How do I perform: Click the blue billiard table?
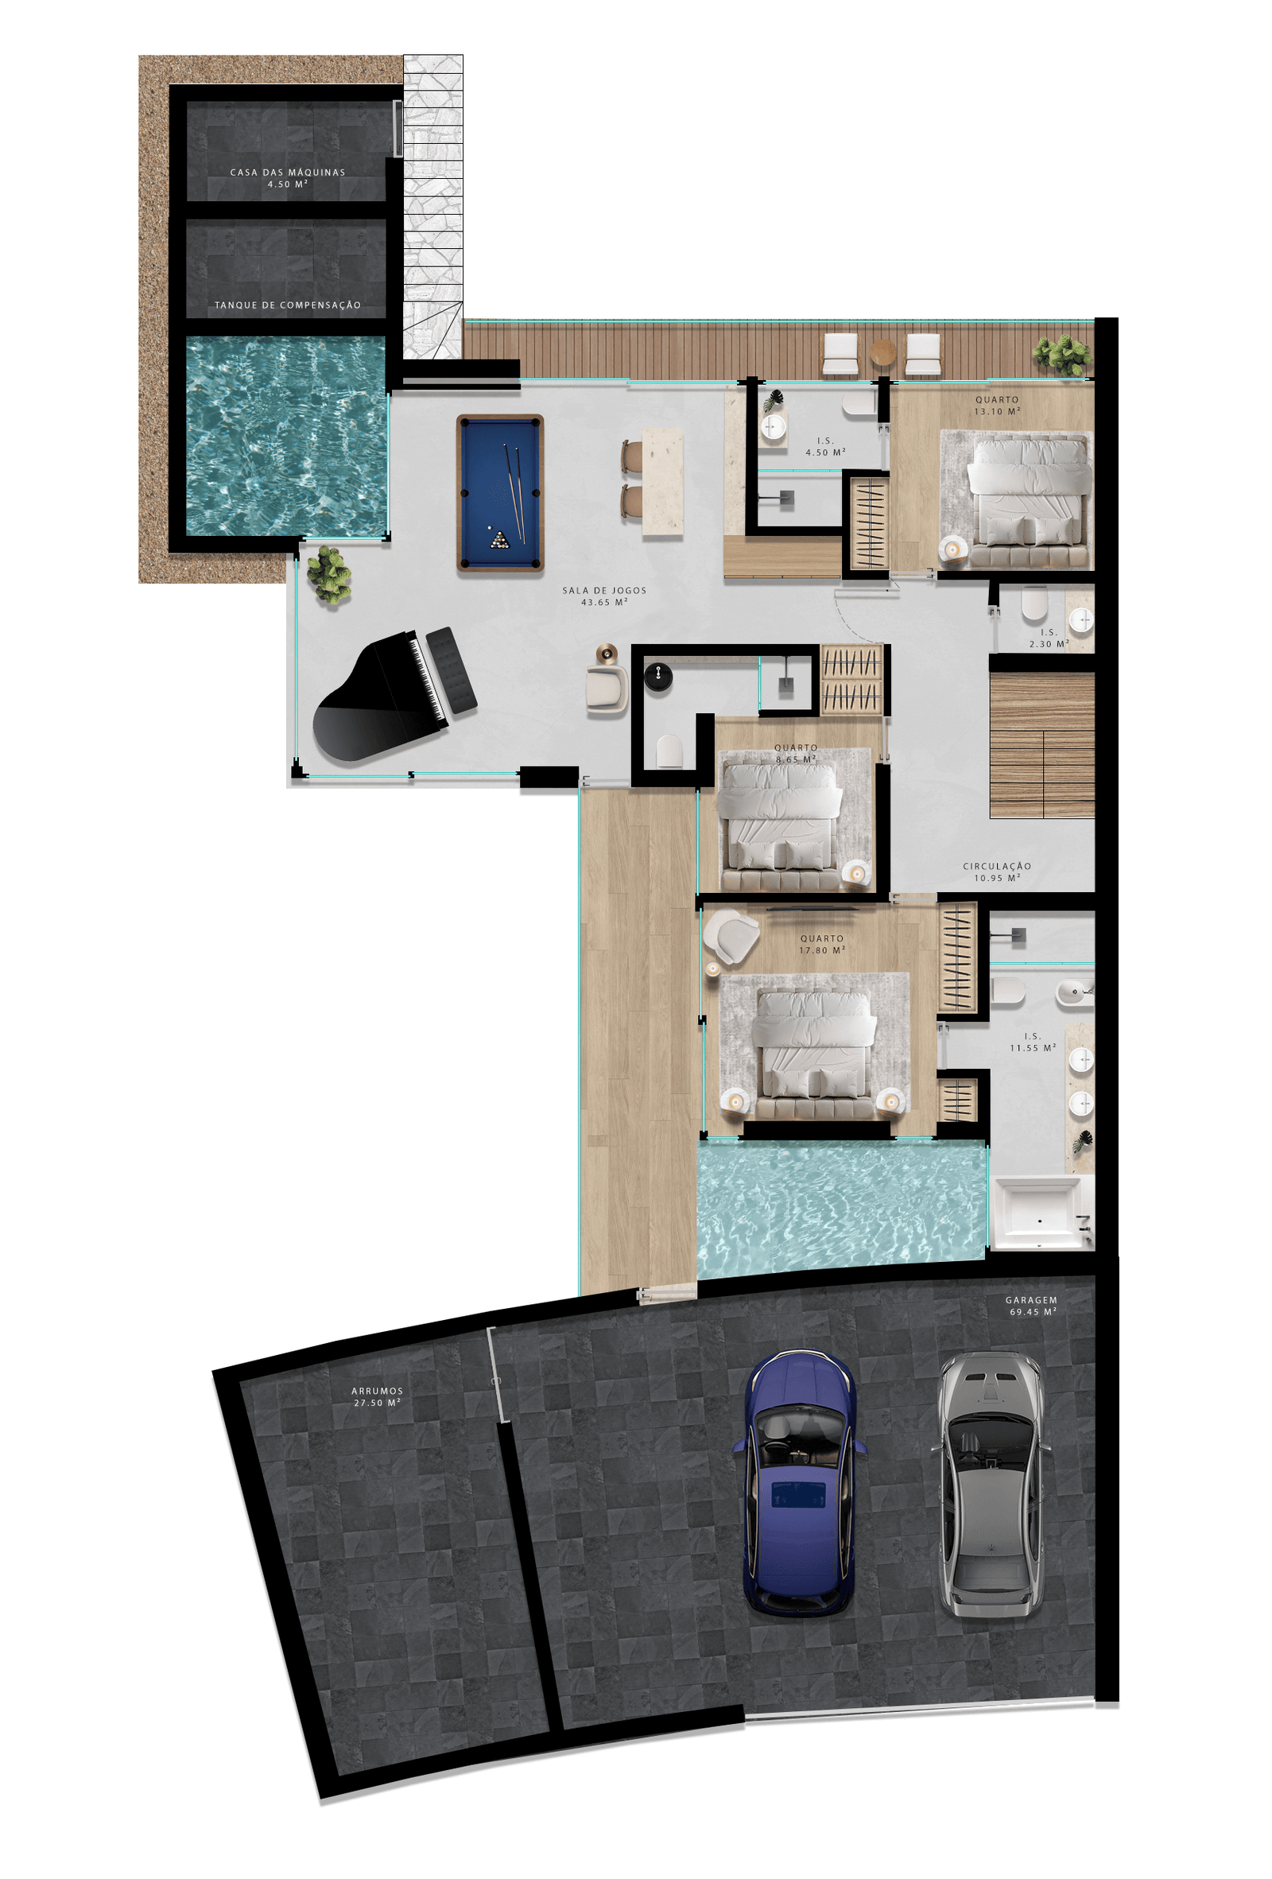point(499,493)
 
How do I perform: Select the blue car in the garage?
point(798,1483)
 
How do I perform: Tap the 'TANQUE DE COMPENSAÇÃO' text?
point(288,305)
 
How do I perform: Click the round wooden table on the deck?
point(882,353)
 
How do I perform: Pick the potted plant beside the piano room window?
point(329,575)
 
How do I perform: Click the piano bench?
point(451,670)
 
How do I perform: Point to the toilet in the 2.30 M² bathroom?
point(1033,604)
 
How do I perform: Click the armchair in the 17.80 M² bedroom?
point(731,936)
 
